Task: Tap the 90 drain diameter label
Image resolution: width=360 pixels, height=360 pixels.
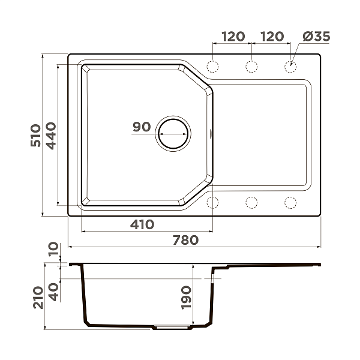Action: (x=142, y=127)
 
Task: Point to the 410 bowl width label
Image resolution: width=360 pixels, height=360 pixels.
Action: (x=142, y=224)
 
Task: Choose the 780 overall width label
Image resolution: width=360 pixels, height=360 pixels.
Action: (x=185, y=240)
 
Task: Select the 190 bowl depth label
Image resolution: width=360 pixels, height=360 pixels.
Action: (x=185, y=297)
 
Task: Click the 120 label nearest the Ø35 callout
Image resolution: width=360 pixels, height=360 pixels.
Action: (x=272, y=37)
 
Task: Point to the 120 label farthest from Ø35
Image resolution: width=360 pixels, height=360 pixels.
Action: (x=233, y=37)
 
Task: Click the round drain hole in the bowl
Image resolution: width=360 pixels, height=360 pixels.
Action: (x=173, y=133)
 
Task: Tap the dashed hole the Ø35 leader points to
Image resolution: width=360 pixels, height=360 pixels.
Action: (x=290, y=66)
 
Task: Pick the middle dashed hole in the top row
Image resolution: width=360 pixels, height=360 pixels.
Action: (x=252, y=66)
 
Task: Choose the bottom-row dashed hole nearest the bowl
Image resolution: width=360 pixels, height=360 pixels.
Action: (x=213, y=202)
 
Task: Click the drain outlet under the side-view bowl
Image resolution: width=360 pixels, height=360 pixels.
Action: (x=172, y=328)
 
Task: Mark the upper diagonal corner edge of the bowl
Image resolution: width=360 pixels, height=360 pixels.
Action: (x=197, y=78)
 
